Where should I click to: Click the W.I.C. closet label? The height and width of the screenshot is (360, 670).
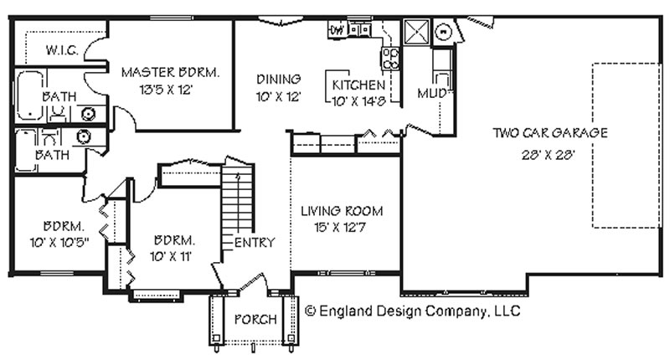tap(62, 50)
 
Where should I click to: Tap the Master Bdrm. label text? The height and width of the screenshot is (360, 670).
tap(170, 72)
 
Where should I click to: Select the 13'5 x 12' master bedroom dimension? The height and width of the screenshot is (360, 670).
tap(166, 90)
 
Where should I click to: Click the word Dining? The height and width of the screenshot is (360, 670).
tap(279, 79)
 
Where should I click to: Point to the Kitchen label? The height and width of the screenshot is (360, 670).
tap(358, 85)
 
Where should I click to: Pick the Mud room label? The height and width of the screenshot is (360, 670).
tap(431, 93)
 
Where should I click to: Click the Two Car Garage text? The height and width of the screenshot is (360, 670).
tap(550, 133)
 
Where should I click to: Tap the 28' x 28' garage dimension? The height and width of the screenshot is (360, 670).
tap(549, 154)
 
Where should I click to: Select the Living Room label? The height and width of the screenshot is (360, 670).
tap(342, 210)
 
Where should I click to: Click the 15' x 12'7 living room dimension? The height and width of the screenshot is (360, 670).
tap(340, 228)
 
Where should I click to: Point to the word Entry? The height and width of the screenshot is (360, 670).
tap(255, 243)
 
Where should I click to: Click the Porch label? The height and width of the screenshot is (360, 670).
tap(255, 319)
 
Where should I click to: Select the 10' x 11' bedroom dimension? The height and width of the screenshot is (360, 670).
tap(171, 257)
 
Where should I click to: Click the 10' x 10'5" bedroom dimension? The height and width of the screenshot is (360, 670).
tap(59, 243)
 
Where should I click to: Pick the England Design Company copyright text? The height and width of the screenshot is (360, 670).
tap(412, 311)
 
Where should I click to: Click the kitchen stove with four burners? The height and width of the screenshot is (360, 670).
tap(390, 59)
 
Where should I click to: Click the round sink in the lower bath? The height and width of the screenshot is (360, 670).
tap(84, 136)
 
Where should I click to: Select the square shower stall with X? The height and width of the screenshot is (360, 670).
tap(416, 31)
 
